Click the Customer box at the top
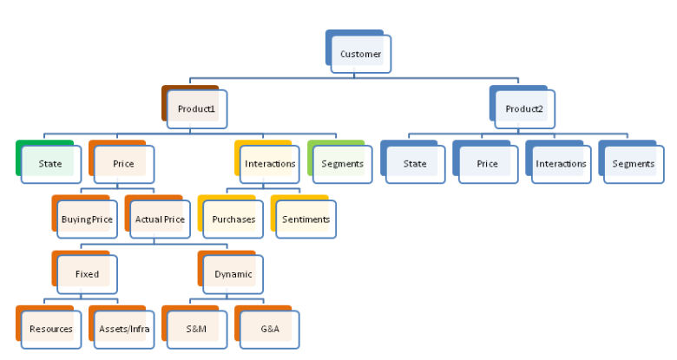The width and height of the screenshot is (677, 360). (360, 55)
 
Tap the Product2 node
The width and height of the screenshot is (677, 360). (524, 109)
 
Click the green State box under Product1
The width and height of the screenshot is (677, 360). (49, 164)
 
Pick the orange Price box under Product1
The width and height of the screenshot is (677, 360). (122, 164)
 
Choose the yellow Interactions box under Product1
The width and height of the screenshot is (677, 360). (269, 164)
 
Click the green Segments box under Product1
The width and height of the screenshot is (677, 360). (342, 164)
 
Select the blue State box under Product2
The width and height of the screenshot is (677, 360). (415, 164)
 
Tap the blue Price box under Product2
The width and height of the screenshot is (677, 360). (488, 164)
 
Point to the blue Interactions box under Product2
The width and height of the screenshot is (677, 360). (561, 164)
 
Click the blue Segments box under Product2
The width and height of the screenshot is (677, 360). (634, 164)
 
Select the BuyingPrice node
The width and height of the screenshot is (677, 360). (87, 219)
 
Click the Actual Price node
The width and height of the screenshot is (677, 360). (160, 219)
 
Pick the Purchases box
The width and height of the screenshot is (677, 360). (233, 219)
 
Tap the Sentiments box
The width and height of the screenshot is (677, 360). (306, 219)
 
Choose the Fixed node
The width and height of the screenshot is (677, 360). (87, 274)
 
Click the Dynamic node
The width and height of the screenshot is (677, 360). (233, 274)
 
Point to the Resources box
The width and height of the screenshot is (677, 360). (50, 330)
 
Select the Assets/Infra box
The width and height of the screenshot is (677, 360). (123, 330)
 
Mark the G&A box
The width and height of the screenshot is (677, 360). (269, 330)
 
